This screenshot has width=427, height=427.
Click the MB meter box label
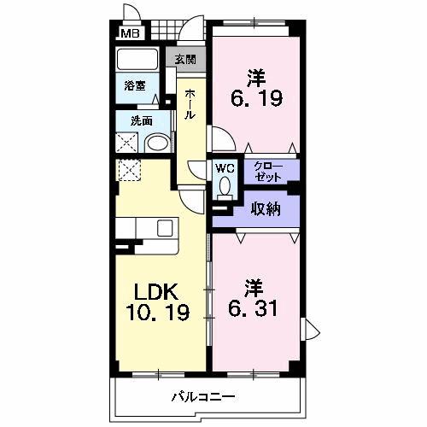(x=130, y=34)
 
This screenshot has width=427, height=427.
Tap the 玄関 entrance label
(x=186, y=59)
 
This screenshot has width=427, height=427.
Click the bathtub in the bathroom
(x=137, y=60)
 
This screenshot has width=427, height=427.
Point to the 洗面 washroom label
(x=142, y=120)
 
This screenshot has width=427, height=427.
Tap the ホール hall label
(x=190, y=102)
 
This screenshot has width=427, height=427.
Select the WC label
(x=225, y=167)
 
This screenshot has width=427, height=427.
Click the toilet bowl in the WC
(x=225, y=184)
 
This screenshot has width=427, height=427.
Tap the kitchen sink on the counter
(x=165, y=228)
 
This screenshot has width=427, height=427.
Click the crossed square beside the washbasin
(x=128, y=143)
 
